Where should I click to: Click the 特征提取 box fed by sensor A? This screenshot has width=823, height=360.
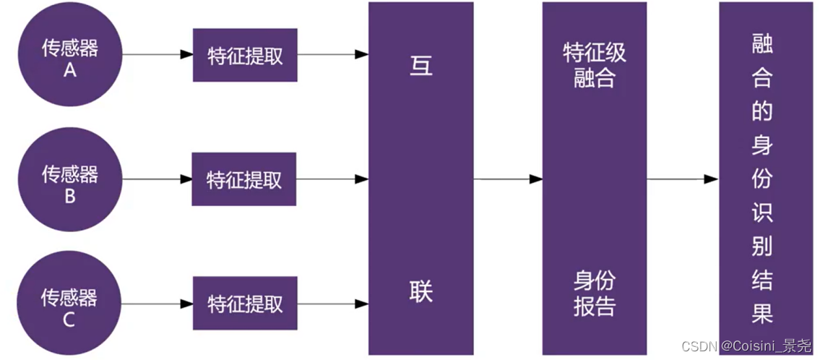[245, 56]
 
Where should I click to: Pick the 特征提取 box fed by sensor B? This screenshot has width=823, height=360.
[244, 179]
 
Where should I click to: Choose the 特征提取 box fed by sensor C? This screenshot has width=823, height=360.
[245, 303]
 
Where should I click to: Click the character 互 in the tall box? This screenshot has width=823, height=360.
[421, 65]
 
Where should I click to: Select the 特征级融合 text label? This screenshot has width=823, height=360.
[595, 64]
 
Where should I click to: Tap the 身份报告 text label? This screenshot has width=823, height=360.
[595, 293]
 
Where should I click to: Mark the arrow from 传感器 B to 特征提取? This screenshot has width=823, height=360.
[157, 179]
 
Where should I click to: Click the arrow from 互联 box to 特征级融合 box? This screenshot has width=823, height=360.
[508, 179]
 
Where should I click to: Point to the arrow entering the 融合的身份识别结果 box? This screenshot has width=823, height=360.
[682, 179]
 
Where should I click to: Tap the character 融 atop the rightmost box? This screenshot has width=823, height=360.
[762, 46]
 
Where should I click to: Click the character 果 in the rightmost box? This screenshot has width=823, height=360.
[762, 312]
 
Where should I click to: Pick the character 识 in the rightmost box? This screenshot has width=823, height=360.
[762, 212]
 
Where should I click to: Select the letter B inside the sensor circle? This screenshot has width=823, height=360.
[70, 195]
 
